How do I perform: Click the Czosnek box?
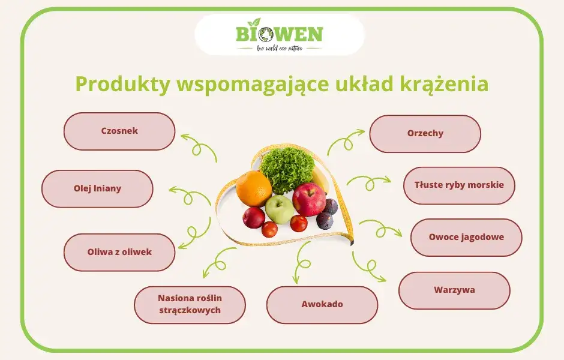[x=119, y=131]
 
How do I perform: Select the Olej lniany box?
[x=97, y=188]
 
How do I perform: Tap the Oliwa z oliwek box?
[x=119, y=252]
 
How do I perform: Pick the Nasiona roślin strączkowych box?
[x=190, y=304]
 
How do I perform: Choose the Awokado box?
[x=322, y=304]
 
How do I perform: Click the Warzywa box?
[x=454, y=290]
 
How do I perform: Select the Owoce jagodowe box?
[x=466, y=237]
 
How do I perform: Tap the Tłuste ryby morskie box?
[x=459, y=185]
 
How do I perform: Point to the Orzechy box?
[x=425, y=133]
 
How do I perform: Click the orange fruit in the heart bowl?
[x=254, y=188]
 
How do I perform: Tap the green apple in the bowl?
[x=280, y=209]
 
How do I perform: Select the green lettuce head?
[x=286, y=169]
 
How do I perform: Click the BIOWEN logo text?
[x=280, y=34]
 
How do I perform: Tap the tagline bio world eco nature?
[x=280, y=47]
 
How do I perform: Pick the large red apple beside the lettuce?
[x=309, y=199]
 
